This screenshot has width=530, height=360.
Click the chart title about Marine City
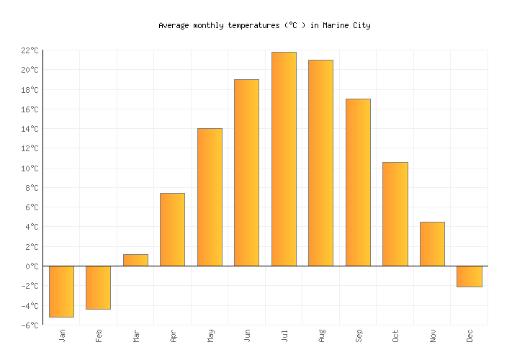coord(264,25)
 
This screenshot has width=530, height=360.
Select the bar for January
coord(61,291)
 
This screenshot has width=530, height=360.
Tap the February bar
coord(98,287)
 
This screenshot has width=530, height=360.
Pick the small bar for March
coord(135,260)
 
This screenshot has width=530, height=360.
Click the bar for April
coord(172,230)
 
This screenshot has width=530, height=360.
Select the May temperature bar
coord(210,197)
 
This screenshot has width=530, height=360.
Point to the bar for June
coord(246,173)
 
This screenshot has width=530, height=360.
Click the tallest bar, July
coord(284,159)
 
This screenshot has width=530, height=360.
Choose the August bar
coord(320,163)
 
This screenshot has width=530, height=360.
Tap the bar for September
coord(358,182)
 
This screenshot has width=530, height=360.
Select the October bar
coord(395,214)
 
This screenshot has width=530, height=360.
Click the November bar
coord(432,244)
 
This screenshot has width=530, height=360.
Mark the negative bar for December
coord(469,276)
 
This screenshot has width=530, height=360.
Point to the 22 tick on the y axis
coord(30,50)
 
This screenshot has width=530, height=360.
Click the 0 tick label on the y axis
coord(32,266)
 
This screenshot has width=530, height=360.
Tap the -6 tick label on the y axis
coord(30,325)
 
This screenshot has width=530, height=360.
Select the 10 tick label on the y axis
coord(30,168)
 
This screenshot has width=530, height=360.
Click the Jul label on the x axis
coord(284,336)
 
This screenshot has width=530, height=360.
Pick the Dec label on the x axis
coord(470,336)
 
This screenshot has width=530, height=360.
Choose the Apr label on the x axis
coord(173,336)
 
